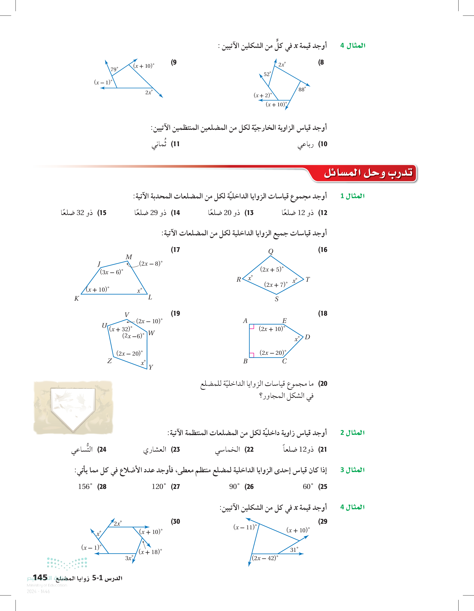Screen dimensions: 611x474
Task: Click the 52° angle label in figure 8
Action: (267, 74)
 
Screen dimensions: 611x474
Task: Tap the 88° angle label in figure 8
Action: (302, 89)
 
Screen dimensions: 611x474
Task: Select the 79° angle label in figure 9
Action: (114, 69)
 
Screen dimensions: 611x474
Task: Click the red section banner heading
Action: (368, 173)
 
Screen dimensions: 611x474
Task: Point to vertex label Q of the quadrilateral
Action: (270, 251)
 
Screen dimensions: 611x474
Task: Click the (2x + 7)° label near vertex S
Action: (276, 285)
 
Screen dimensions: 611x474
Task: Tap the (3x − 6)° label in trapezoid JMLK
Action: (111, 272)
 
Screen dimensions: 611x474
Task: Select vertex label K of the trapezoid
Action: (76, 299)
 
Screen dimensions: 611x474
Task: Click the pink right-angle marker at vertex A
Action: (251, 326)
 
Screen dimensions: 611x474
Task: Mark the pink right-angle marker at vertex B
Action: (251, 355)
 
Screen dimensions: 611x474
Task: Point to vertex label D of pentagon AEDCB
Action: (307, 337)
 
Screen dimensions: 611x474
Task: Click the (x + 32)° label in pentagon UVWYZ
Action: (121, 329)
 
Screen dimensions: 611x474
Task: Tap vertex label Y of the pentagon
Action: (151, 367)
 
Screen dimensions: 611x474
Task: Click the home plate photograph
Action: (73, 407)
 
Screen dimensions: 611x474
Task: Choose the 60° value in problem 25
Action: (308, 486)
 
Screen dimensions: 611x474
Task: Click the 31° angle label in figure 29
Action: (294, 549)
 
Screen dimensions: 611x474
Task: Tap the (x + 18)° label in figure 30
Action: (150, 552)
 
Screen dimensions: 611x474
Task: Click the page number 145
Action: (40, 578)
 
